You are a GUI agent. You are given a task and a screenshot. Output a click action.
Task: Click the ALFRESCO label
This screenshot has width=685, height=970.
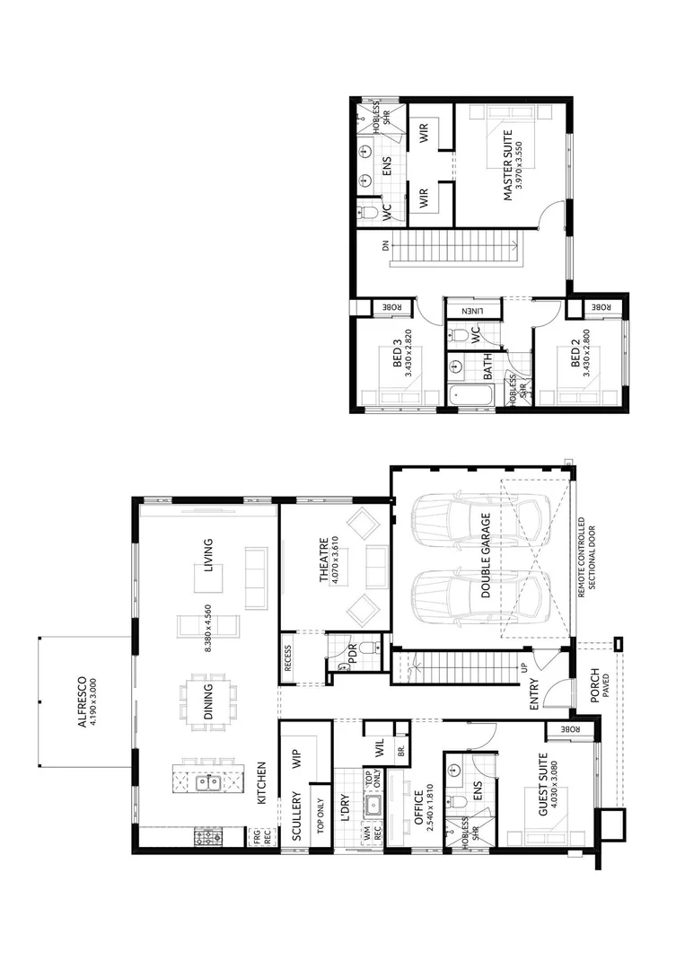(x=82, y=701)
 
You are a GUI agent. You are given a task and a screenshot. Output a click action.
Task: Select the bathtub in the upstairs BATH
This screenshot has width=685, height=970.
(x=470, y=392)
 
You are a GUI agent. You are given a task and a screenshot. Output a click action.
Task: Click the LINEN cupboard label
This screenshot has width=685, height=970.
(x=474, y=311)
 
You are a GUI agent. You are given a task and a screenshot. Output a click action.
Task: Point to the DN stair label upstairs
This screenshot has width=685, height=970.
(x=385, y=247)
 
